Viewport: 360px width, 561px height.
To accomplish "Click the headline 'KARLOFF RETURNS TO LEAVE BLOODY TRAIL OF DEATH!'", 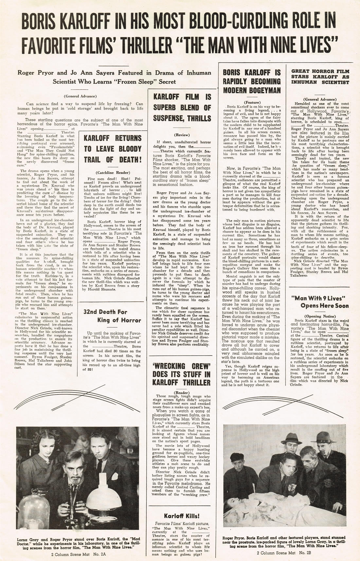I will (113, 149).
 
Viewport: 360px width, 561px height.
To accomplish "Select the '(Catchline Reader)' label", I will (113, 173).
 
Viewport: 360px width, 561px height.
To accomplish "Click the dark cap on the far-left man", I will (237, 457).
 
